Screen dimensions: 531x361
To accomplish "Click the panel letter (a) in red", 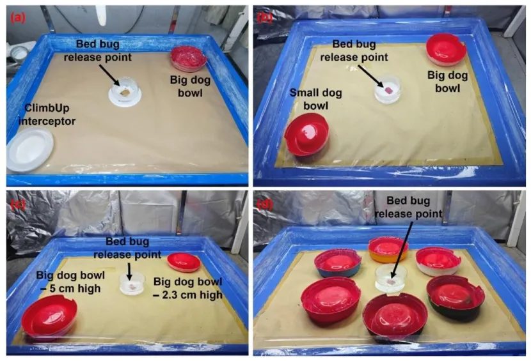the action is click(18, 17).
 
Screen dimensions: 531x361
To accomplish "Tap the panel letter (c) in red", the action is click(17, 204).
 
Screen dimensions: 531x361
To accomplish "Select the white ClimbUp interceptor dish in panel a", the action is click(30, 150).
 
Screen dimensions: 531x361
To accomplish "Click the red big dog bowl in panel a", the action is click(188, 58).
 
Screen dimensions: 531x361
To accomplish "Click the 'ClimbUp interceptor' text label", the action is click(47, 114).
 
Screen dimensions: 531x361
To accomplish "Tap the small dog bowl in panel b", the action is click(306, 134).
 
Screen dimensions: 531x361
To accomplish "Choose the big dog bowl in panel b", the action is click(446, 50).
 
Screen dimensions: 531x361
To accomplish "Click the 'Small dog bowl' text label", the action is click(315, 99).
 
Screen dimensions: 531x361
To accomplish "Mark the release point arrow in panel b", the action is click(370, 76).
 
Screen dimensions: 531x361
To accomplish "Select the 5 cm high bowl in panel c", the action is click(49, 316).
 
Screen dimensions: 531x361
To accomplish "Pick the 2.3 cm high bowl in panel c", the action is click(184, 262).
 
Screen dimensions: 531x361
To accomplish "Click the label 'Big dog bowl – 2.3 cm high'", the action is click(188, 288).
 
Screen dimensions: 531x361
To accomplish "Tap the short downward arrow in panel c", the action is click(129, 271).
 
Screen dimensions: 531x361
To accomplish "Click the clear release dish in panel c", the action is click(132, 284).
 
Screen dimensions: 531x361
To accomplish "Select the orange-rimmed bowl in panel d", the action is click(388, 249).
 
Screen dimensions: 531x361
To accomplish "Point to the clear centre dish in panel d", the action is click(391, 279).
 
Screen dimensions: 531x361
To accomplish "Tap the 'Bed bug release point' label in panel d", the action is click(408, 207).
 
